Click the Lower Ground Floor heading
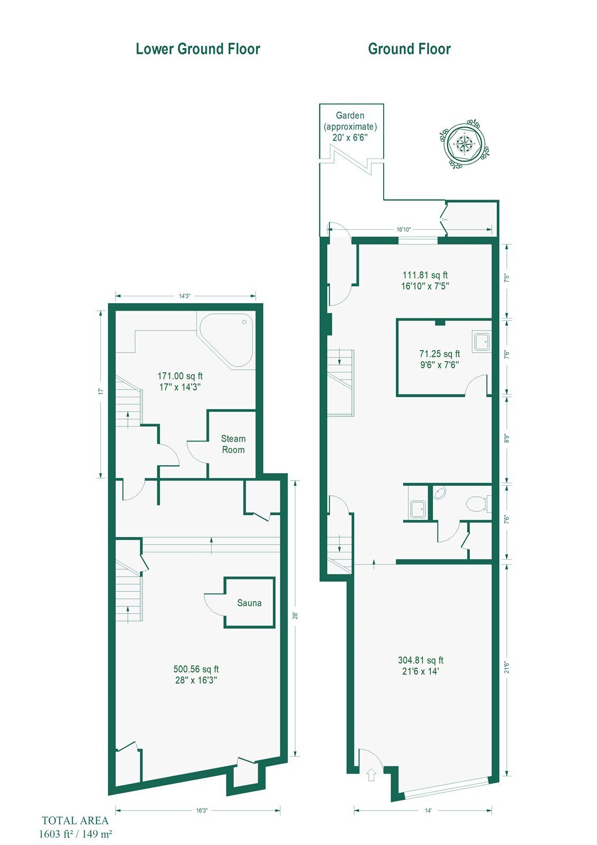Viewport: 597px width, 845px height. [198, 49]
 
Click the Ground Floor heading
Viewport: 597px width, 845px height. [409, 49]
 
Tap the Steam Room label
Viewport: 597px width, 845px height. [233, 444]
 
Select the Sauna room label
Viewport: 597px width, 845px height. [249, 603]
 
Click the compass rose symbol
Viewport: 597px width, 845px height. [464, 143]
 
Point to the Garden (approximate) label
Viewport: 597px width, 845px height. [350, 121]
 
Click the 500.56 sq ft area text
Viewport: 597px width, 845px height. [196, 669]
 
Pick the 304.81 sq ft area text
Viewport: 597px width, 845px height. [421, 660]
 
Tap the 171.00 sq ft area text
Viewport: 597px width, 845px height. [180, 375]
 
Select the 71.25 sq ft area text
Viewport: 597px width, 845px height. [440, 353]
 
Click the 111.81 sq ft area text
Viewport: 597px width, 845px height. [425, 275]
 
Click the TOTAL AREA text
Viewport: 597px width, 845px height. [75, 821]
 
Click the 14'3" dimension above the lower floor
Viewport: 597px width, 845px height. [184, 296]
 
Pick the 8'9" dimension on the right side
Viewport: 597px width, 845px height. [507, 439]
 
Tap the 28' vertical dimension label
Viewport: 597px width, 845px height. [295, 616]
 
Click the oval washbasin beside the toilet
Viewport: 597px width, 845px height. [439, 493]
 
